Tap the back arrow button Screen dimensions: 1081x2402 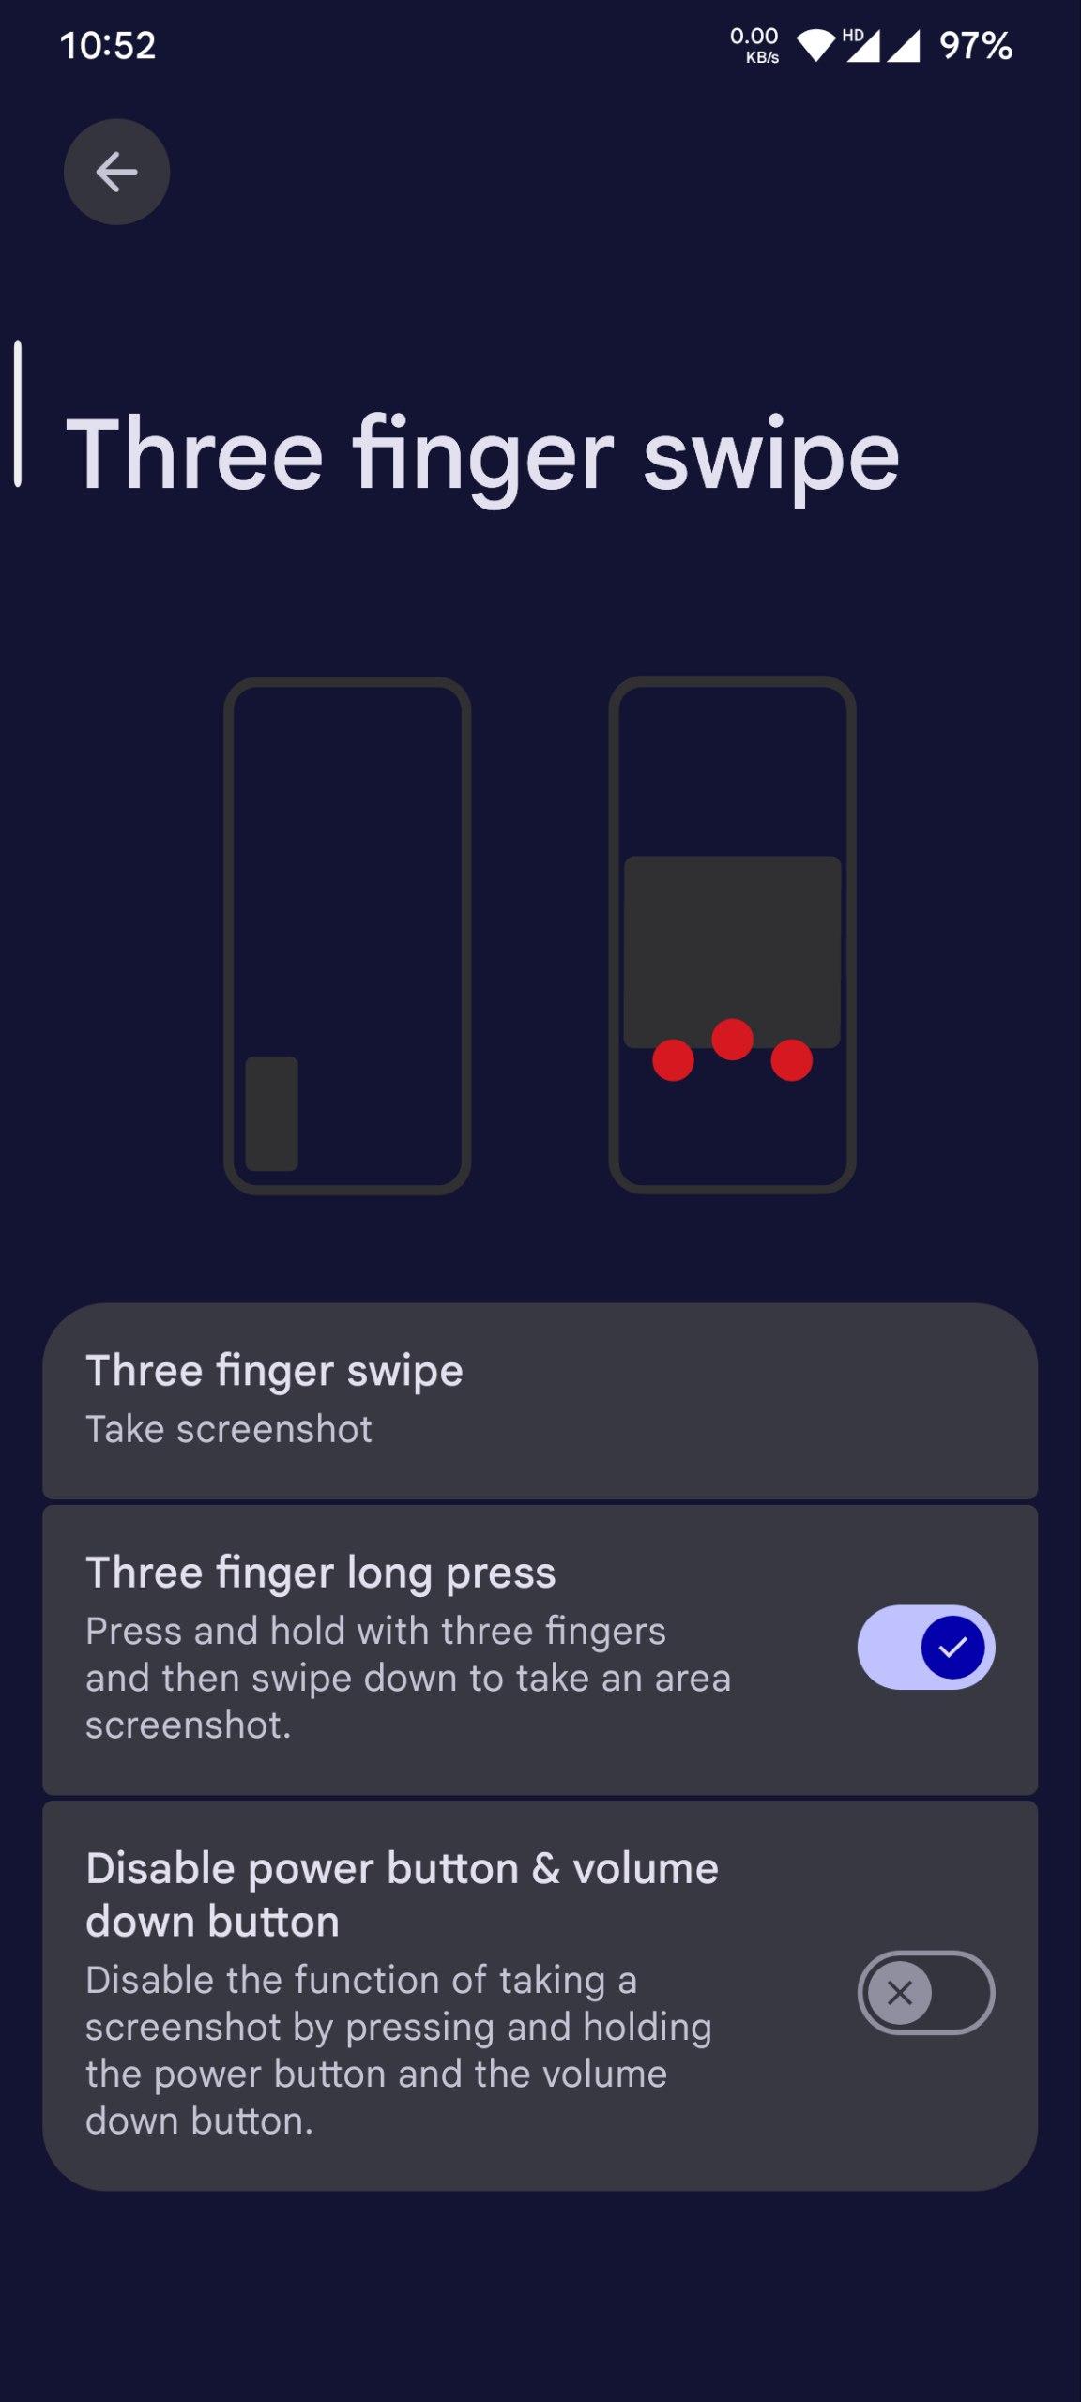[x=116, y=172]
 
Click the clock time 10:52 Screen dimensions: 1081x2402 [x=107, y=46]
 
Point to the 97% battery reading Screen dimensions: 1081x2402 [x=976, y=46]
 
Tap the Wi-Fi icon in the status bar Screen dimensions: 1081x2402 [x=815, y=45]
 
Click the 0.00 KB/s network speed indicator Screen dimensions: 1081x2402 [x=754, y=45]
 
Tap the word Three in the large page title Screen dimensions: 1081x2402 [x=195, y=454]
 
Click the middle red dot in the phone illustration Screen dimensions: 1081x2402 [x=732, y=1040]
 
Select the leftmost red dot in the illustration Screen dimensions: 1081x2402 [x=673, y=1060]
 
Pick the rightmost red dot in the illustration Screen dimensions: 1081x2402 [x=791, y=1060]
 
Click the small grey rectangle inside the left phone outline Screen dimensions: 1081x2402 [x=272, y=1114]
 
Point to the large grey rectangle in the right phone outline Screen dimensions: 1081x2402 [x=732, y=950]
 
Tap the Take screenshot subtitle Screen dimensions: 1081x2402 [x=229, y=1429]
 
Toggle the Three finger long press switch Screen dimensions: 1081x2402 [x=926, y=1647]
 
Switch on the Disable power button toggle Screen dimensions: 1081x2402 [x=926, y=1992]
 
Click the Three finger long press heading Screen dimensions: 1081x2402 [x=321, y=1573]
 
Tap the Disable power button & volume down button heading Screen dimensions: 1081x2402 [x=402, y=1894]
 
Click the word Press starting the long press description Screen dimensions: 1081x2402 [x=133, y=1631]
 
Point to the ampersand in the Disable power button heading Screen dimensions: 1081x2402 [x=546, y=1868]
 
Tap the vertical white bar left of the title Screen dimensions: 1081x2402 [x=18, y=414]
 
